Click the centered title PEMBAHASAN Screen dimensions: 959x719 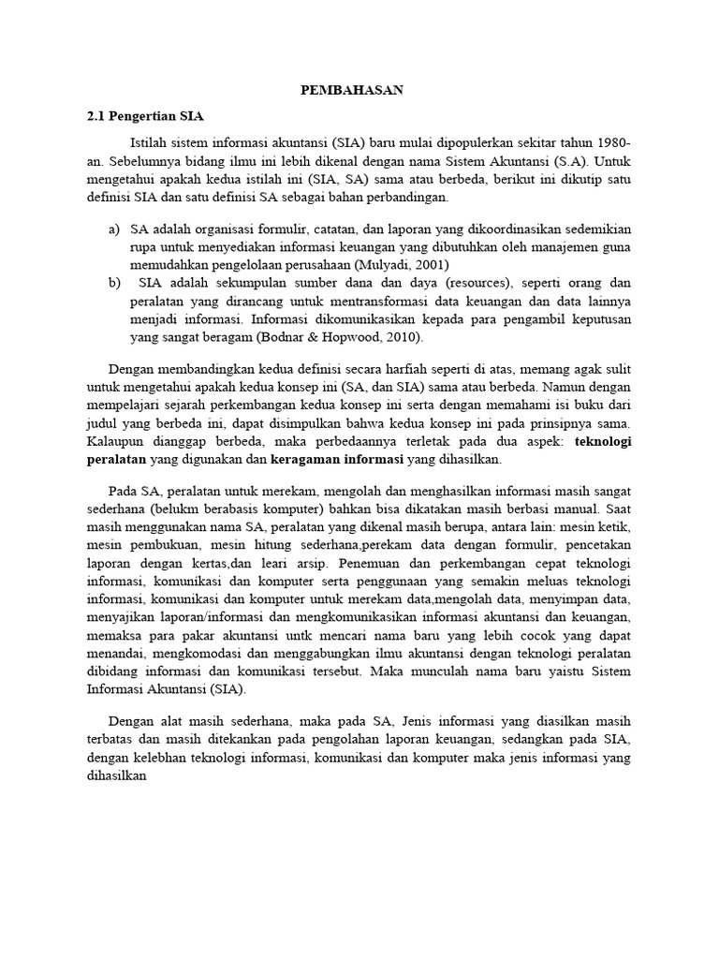pos(351,90)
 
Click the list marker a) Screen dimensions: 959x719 pos(114,229)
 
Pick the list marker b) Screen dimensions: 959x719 pos(114,282)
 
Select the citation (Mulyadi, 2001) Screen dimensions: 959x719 pos(391,264)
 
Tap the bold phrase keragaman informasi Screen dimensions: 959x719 pos(337,460)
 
